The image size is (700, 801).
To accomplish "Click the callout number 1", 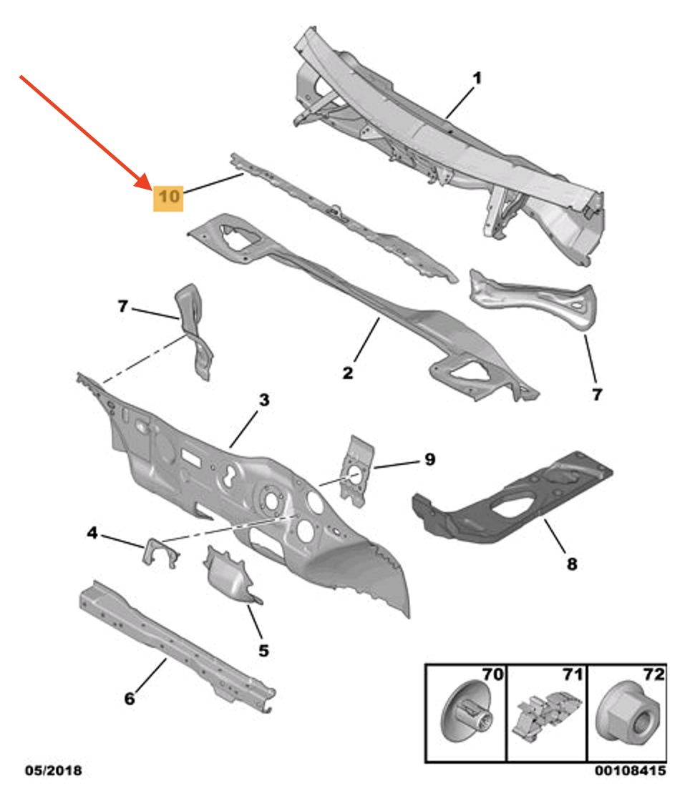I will click(476, 78).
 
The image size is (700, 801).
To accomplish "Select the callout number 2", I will click(347, 373).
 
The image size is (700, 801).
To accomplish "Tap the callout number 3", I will click(264, 401).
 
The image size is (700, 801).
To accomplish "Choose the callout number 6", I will click(129, 699).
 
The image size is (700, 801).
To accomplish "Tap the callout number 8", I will click(571, 564).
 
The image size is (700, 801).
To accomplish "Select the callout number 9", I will click(429, 459).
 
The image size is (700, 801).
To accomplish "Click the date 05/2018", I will click(53, 771).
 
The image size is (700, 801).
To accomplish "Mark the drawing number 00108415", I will click(631, 771).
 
